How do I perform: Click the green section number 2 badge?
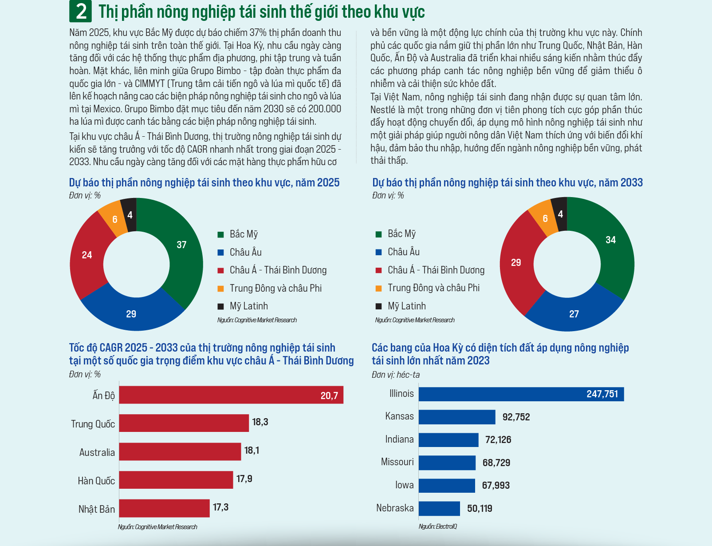(80, 12)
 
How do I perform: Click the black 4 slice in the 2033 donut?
(560, 214)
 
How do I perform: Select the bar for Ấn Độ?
(231, 395)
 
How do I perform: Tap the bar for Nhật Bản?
(164, 508)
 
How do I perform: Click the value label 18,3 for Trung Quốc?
(260, 422)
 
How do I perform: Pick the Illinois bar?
(521, 394)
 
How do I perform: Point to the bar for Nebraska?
(439, 509)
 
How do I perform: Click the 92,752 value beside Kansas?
(516, 417)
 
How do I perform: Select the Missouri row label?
(397, 462)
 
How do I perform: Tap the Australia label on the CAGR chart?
(97, 452)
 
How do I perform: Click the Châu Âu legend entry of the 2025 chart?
(245, 252)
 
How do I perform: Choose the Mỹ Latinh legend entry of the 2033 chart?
(406, 306)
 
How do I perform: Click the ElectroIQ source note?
(437, 526)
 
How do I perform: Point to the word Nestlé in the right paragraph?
(382, 110)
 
